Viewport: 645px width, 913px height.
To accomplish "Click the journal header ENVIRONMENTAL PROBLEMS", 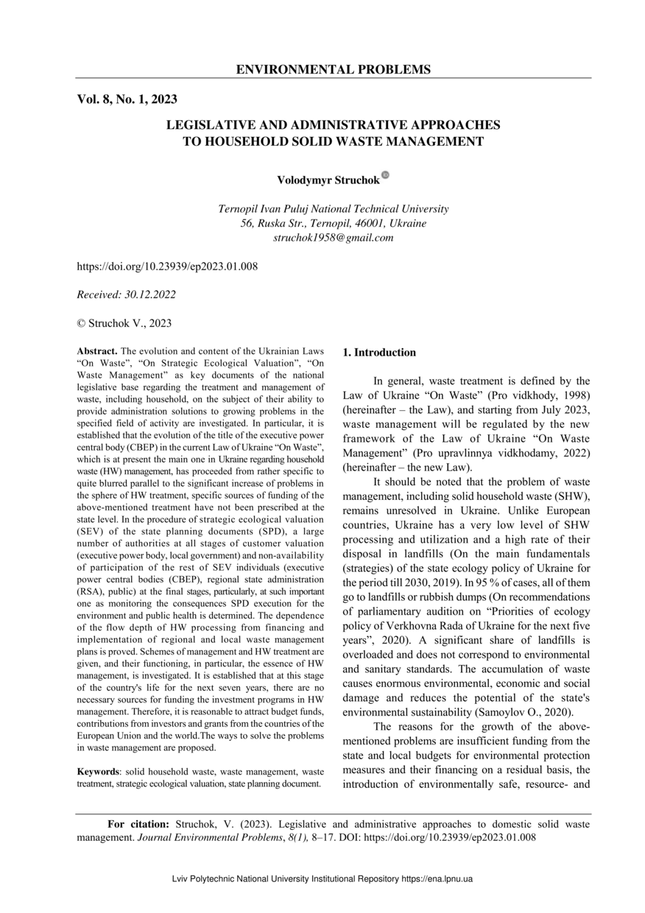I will pyautogui.click(x=333, y=70).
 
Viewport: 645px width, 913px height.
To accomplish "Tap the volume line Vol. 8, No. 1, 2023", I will pyautogui.click(x=127, y=99).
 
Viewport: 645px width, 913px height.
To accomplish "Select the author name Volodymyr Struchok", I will pyautogui.click(x=328, y=180).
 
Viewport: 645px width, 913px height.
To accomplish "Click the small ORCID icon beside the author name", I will pyautogui.click(x=385, y=175).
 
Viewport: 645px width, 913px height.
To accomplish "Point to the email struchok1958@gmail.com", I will pyautogui.click(x=333, y=238).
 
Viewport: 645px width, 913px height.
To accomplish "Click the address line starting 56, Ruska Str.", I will pyautogui.click(x=333, y=223).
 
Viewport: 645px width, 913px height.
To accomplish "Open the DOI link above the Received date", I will pyautogui.click(x=167, y=266).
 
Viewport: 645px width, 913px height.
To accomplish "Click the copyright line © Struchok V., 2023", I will pyautogui.click(x=124, y=322).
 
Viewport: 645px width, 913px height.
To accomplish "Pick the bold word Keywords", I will pyautogui.click(x=99, y=771).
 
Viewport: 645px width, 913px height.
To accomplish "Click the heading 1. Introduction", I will pyautogui.click(x=379, y=353).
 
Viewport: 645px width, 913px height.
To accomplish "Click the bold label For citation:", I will pyautogui.click(x=138, y=824).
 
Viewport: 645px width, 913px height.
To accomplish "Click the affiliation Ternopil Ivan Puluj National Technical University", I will pyautogui.click(x=333, y=209).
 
